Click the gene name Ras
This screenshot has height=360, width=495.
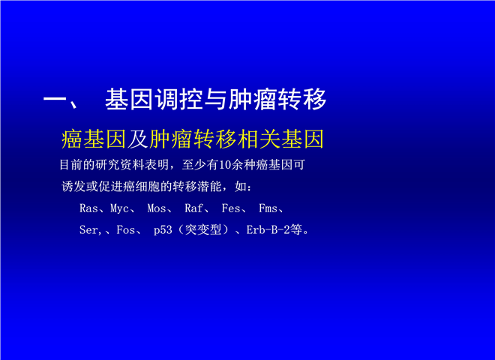88,208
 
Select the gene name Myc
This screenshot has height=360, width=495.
119,209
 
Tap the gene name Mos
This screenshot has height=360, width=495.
157,208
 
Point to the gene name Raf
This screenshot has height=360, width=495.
193,208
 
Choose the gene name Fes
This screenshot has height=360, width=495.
231,208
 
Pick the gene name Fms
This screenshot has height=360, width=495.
268,208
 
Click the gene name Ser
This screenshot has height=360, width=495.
88,230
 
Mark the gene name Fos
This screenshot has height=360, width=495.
126,230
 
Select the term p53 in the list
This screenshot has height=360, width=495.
163,230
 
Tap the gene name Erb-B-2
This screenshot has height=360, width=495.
268,230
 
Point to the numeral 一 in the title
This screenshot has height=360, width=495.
54,100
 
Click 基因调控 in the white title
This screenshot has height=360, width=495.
154,99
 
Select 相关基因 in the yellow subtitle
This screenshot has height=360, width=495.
280,139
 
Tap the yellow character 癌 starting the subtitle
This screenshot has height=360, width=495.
72,139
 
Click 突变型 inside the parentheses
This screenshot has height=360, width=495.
203,230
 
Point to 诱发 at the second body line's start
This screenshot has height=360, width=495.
73,187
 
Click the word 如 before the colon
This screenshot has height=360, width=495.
241,187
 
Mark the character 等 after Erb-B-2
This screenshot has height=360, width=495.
296,230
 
